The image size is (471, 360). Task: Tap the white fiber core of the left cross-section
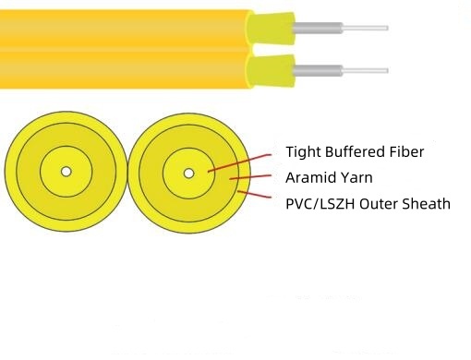pos(66,172)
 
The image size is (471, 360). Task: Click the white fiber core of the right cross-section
pos(188,173)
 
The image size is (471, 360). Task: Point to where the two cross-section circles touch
pos(127,173)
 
